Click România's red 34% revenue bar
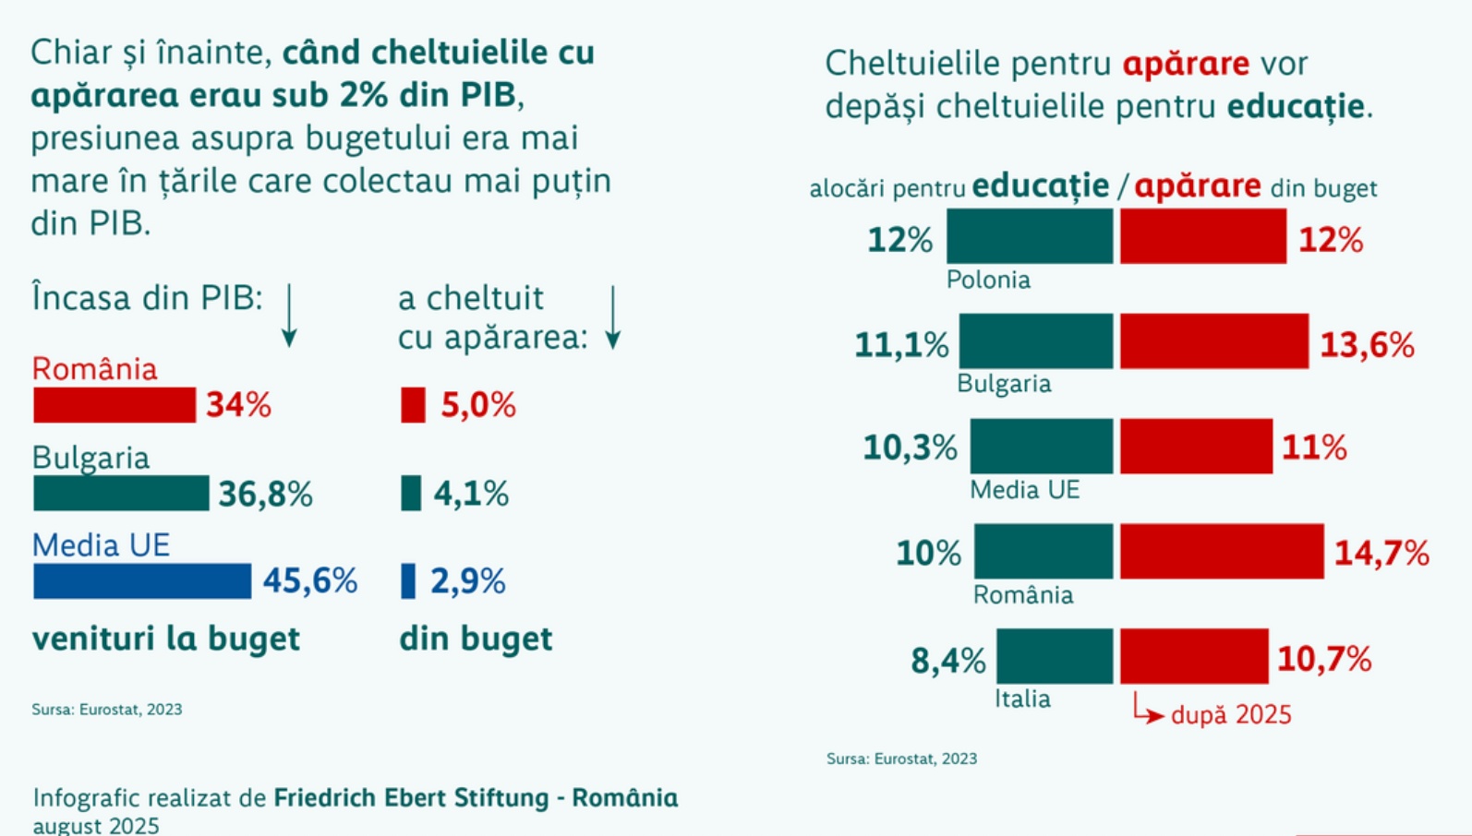(x=115, y=405)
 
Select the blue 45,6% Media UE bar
(x=142, y=581)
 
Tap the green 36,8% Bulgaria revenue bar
(x=121, y=494)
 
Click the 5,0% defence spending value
(x=477, y=405)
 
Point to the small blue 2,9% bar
(x=408, y=581)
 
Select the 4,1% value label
(x=471, y=494)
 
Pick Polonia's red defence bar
(x=1202, y=236)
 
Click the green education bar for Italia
(x=1055, y=656)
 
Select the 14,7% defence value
(x=1382, y=553)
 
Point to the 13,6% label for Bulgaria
(x=1367, y=345)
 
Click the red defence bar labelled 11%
(x=1196, y=447)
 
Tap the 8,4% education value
(x=947, y=661)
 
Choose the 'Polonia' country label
(x=988, y=280)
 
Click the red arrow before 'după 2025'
(x=1147, y=711)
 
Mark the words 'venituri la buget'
(x=166, y=639)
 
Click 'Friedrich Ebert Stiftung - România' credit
(x=476, y=797)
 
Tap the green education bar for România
(x=1044, y=552)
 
